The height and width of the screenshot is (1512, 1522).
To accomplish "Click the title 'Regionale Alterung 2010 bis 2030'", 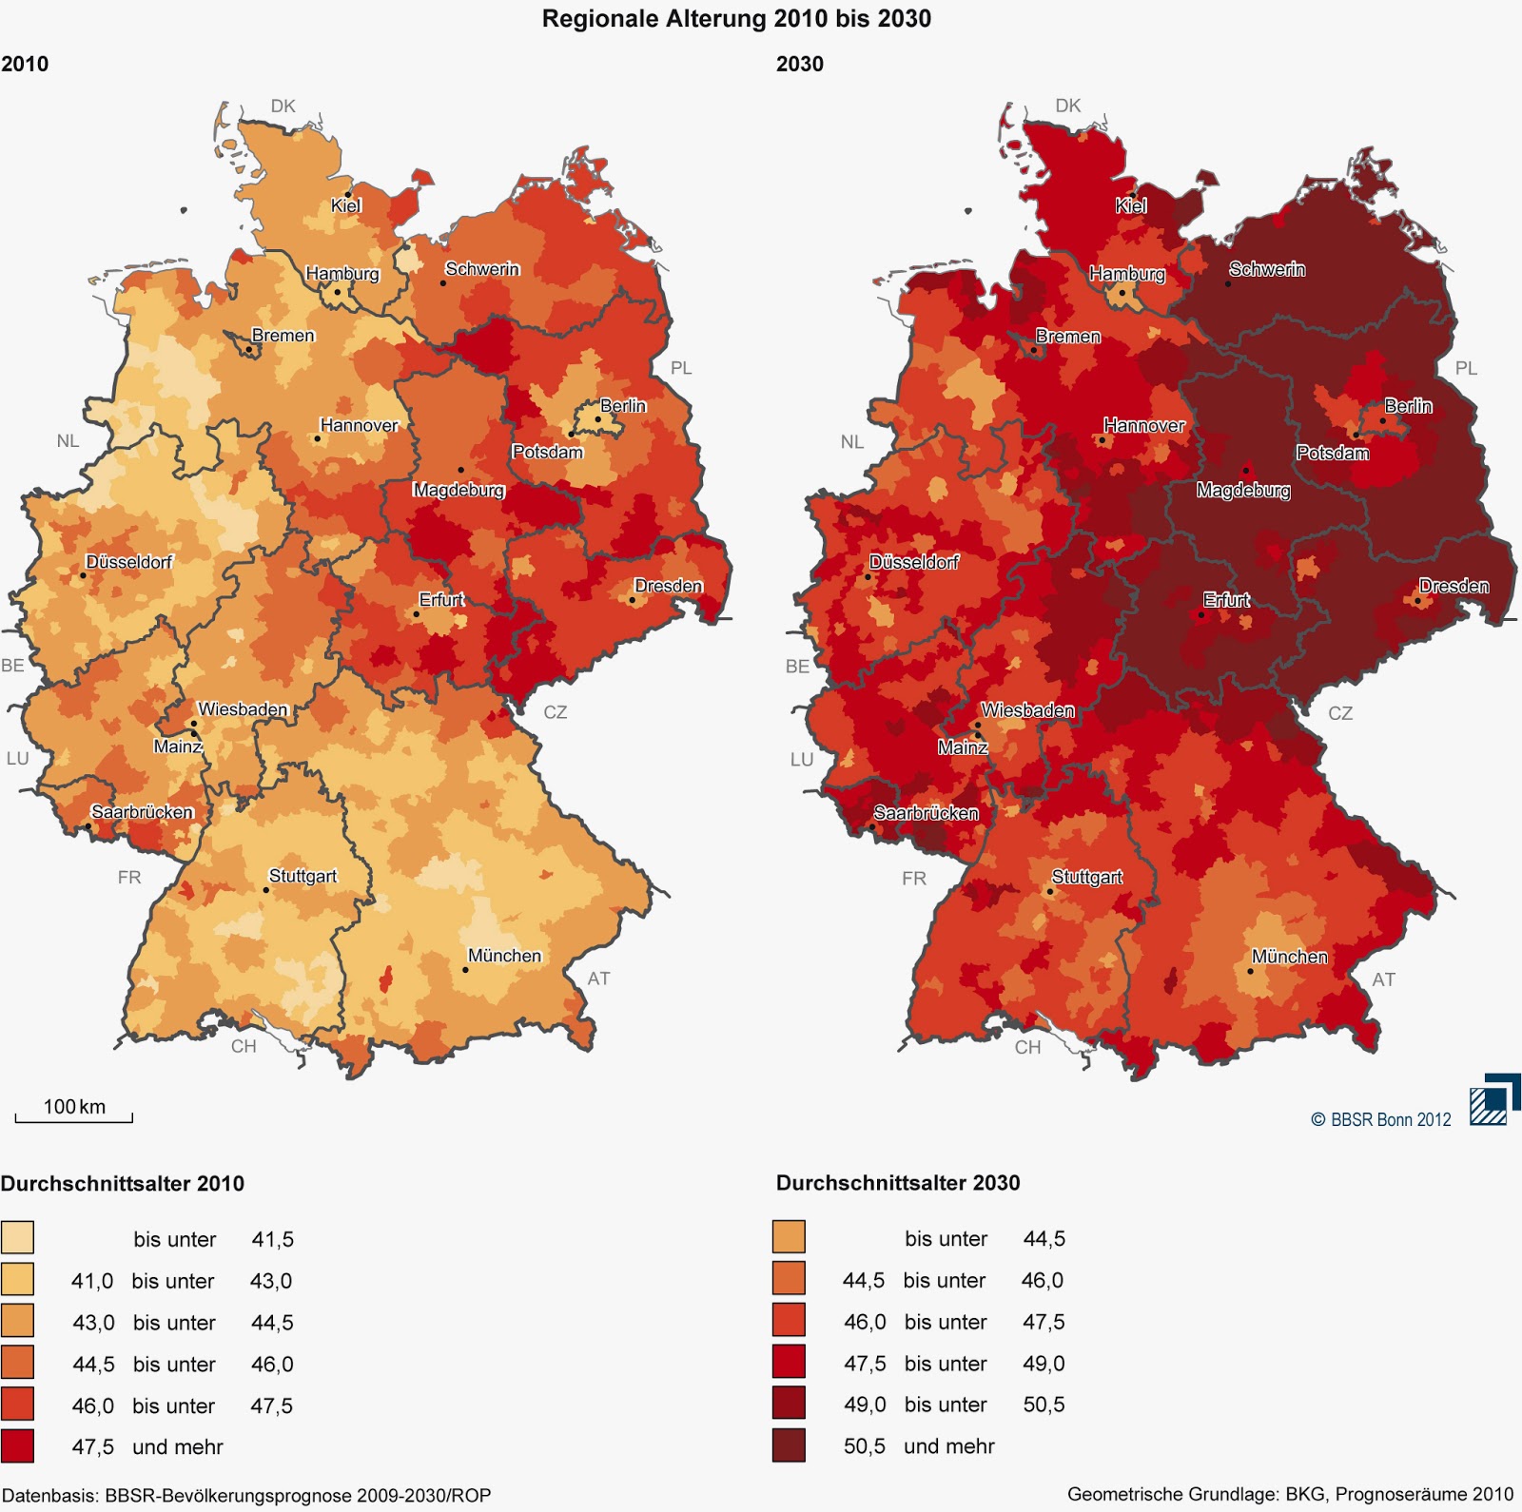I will pyautogui.click(x=736, y=19).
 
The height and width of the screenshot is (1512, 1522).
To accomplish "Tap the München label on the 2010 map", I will pyautogui.click(x=504, y=956).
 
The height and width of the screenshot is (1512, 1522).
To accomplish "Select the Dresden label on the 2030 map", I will pyautogui.click(x=1454, y=586).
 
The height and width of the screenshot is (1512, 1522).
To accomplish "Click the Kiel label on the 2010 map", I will pyautogui.click(x=345, y=205).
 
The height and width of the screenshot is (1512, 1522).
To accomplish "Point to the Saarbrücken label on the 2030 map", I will pyautogui.click(x=926, y=813).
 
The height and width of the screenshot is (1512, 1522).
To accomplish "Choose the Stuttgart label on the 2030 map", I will pyautogui.click(x=1086, y=877).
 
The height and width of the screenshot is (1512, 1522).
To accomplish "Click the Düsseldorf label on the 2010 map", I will pyautogui.click(x=128, y=562).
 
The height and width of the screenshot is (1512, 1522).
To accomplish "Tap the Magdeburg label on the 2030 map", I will pyautogui.click(x=1243, y=491).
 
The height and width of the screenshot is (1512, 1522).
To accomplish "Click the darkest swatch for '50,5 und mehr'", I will pyautogui.click(x=789, y=1445).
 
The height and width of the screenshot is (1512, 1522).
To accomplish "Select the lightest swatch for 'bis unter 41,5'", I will pyautogui.click(x=17, y=1238).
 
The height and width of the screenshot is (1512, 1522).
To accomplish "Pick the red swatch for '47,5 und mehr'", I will pyautogui.click(x=17, y=1445).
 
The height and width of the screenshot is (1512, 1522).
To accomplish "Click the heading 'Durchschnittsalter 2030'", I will pyautogui.click(x=897, y=1183).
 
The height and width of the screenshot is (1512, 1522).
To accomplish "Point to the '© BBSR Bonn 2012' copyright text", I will pyautogui.click(x=1380, y=1119).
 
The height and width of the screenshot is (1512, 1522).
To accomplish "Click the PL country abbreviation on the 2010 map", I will pyautogui.click(x=681, y=368).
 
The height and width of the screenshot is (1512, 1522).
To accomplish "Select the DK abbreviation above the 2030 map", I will pyautogui.click(x=1067, y=106).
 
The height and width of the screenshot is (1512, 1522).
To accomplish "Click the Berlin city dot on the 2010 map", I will pyautogui.click(x=597, y=419).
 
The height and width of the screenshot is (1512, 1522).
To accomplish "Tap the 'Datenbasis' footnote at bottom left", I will pyautogui.click(x=246, y=1495).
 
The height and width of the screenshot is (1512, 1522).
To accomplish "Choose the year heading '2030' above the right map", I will pyautogui.click(x=799, y=64).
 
